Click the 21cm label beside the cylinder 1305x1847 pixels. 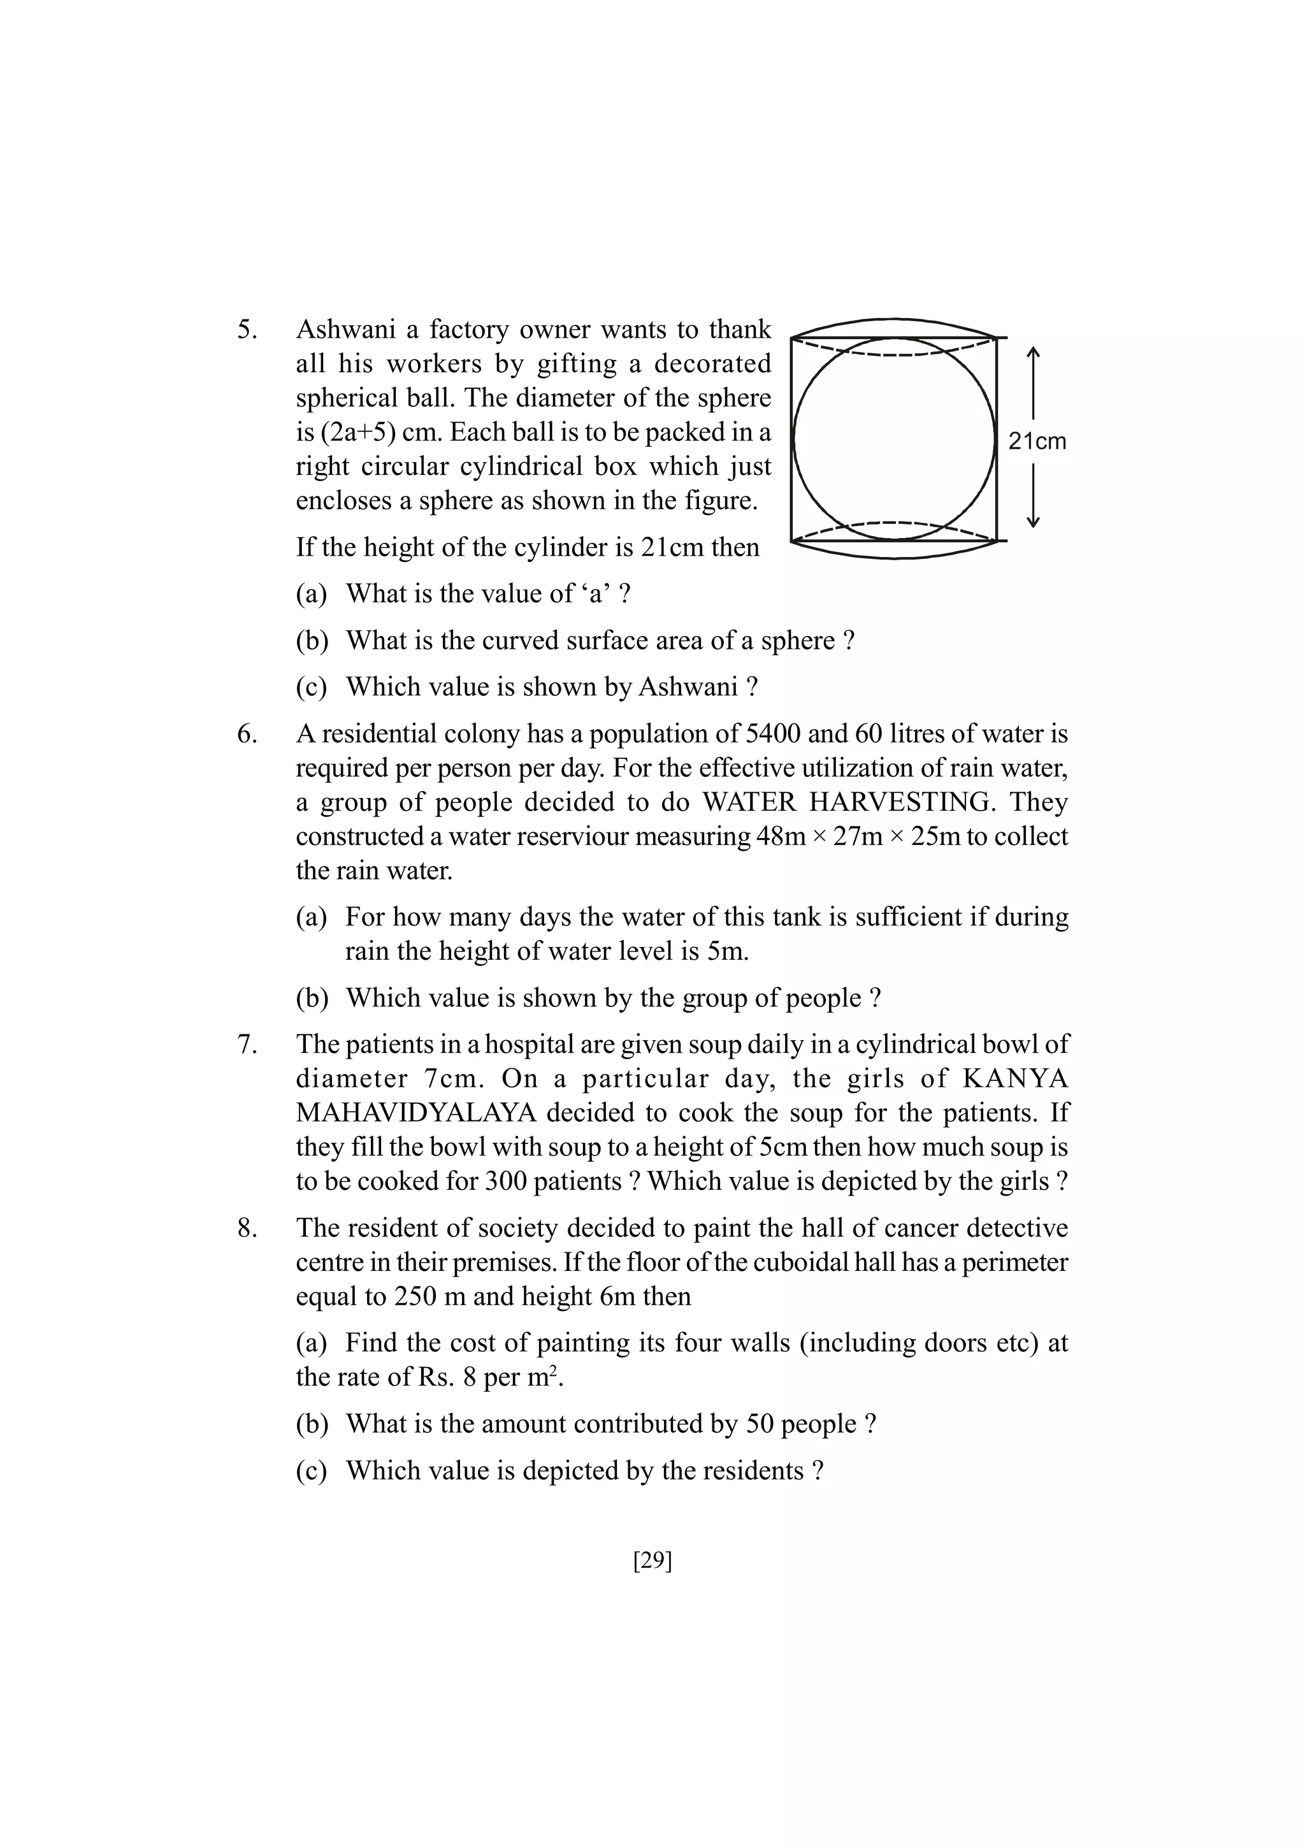(1037, 441)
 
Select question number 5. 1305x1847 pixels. (247, 330)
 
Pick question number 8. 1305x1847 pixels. (247, 1228)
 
